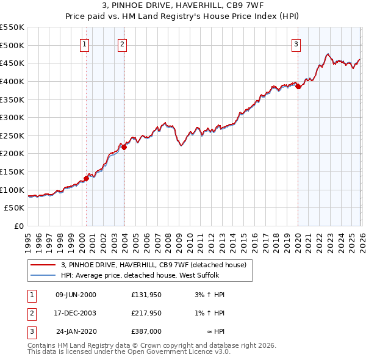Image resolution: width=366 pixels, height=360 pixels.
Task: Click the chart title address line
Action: tap(182, 6)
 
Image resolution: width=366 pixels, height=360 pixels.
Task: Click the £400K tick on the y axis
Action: tap(12, 81)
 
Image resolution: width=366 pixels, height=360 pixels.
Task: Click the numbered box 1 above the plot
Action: tap(84, 43)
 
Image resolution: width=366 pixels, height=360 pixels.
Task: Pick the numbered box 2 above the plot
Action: tap(123, 43)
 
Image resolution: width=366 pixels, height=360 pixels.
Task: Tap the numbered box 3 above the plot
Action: tap(296, 43)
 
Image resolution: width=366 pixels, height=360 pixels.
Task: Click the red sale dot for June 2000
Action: tap(86, 178)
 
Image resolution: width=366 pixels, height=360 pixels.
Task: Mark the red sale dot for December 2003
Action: tap(124, 147)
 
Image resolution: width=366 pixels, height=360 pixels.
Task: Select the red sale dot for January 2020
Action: tap(298, 87)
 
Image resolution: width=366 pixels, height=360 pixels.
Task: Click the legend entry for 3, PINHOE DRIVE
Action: tap(152, 265)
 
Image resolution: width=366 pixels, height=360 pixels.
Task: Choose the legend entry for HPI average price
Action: tap(144, 275)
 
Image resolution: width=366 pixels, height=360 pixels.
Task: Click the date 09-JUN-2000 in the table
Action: tap(76, 295)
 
